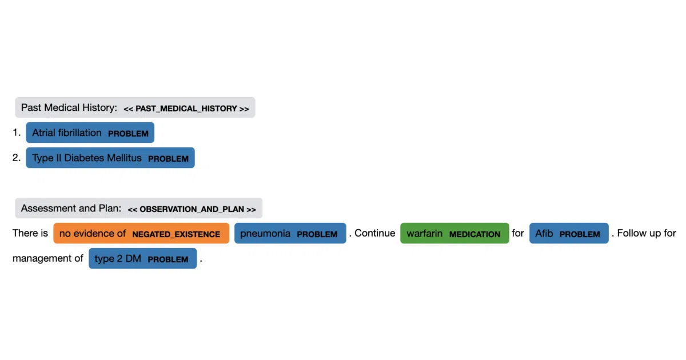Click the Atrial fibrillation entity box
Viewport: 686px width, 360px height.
[x=90, y=133]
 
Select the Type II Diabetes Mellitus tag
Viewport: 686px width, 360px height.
[x=110, y=158]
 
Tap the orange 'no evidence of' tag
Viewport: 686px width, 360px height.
[x=141, y=233]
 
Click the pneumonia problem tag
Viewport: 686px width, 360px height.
[x=290, y=233]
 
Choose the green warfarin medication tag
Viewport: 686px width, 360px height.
[x=455, y=233]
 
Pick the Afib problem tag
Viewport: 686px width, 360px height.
[x=569, y=233]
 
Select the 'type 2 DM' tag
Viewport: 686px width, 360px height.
[x=143, y=258]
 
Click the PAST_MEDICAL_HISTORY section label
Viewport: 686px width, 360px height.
[x=186, y=109]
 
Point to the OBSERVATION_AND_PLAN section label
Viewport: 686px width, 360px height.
[x=192, y=209]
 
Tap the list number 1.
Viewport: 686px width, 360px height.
[x=17, y=133]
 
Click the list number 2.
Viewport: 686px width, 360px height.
[x=17, y=158]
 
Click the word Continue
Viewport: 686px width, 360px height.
[x=375, y=233]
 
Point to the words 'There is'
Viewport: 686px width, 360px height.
[x=30, y=233]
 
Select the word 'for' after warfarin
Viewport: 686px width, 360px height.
[x=518, y=233]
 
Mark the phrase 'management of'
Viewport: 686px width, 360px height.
[x=48, y=259]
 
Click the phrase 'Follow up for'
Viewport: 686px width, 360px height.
[x=647, y=233]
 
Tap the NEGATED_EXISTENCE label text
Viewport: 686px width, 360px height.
[x=176, y=234]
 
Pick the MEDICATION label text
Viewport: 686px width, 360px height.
[x=474, y=234]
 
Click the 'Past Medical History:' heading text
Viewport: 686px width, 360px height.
[x=69, y=108]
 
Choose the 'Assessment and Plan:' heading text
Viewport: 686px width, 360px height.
[x=71, y=209]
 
